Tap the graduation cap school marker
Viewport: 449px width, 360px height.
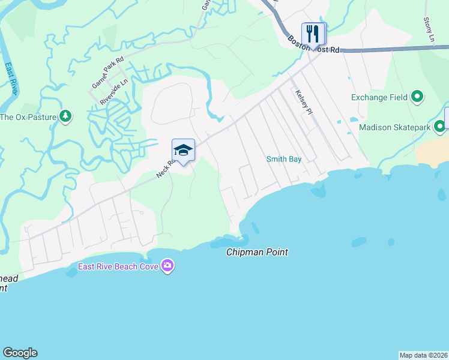183,150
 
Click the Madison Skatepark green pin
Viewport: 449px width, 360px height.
440,127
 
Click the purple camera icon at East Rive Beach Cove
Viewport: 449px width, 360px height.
167,266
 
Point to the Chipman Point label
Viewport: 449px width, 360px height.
257,252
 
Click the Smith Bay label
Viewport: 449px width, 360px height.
284,159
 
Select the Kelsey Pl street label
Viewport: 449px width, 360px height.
304,102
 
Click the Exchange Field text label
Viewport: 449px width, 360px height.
379,97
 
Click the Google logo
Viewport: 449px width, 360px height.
20,353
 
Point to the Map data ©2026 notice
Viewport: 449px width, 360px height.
424,355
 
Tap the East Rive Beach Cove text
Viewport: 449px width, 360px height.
119,266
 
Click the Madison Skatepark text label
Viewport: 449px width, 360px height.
395,127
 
